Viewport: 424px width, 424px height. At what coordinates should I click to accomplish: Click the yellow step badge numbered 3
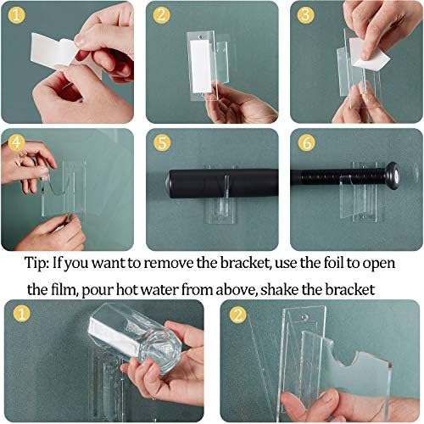point(305,14)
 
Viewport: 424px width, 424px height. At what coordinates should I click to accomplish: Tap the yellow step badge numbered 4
point(16,142)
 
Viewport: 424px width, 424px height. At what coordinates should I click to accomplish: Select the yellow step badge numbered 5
point(162,142)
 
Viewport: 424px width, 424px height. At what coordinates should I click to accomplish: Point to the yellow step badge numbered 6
point(307,142)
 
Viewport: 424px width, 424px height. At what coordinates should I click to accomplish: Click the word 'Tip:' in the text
point(37,263)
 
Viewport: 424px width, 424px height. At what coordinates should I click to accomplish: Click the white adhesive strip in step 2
point(200,66)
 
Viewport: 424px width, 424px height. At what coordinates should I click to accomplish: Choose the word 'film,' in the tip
point(62,290)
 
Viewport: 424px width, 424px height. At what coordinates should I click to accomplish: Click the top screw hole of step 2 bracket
point(201,36)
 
